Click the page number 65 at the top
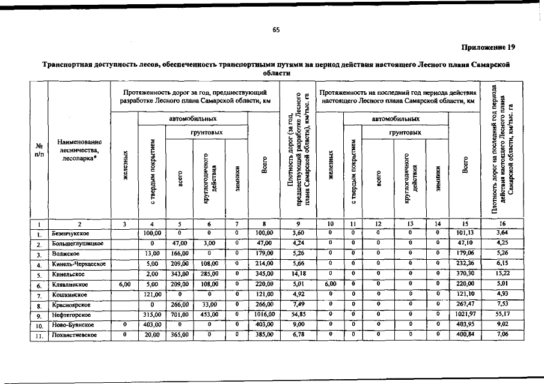point(277,30)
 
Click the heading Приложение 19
point(487,46)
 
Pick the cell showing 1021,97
point(466,314)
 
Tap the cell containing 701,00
point(180,314)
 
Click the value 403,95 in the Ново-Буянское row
point(466,325)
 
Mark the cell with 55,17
point(502,314)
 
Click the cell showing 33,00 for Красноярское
point(209,304)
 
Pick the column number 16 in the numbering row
point(502,224)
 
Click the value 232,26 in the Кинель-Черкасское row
point(466,263)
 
